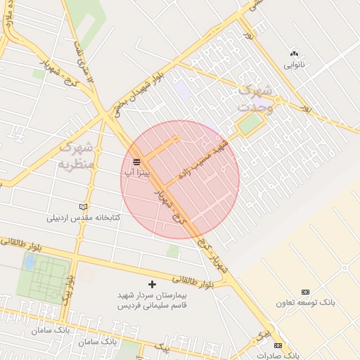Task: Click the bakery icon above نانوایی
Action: coord(294,53)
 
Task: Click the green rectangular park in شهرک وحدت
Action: coord(248,125)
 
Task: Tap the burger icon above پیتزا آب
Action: coord(136,162)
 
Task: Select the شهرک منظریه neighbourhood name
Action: coord(75,156)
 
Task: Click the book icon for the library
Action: coord(84,207)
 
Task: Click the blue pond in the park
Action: coord(30,262)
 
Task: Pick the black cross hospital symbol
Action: coord(152,284)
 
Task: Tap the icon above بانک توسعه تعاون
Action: coord(305,292)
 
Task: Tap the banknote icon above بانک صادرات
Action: coord(278,345)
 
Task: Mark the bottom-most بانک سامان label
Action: coord(96,342)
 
